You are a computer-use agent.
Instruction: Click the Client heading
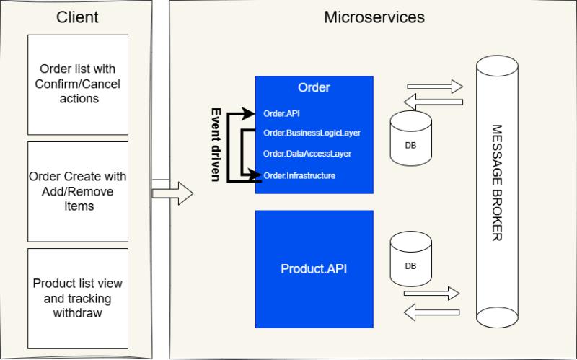coord(77,17)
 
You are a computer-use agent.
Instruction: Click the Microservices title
coord(374,17)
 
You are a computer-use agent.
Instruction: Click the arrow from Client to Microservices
coord(173,192)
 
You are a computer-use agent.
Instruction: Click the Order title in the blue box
coord(314,88)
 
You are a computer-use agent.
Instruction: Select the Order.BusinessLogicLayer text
coord(312,133)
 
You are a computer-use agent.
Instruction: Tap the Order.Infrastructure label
coord(299,175)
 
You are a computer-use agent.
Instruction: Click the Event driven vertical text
coord(215,144)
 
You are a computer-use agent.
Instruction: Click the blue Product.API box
coord(314,268)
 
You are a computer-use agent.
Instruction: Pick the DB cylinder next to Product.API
coord(410,258)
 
